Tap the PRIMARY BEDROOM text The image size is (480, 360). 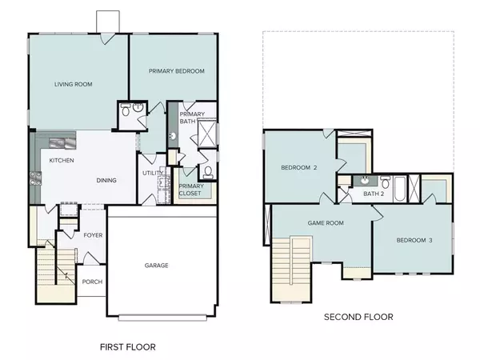177,71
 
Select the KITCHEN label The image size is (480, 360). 62,161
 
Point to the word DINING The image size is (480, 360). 106,181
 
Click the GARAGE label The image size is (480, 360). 156,266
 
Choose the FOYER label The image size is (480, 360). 93,235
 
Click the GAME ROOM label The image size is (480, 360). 326,223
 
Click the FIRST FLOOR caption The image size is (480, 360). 127,347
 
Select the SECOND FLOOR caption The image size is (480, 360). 358,317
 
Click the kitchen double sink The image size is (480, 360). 62,144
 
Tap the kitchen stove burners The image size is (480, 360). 34,181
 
